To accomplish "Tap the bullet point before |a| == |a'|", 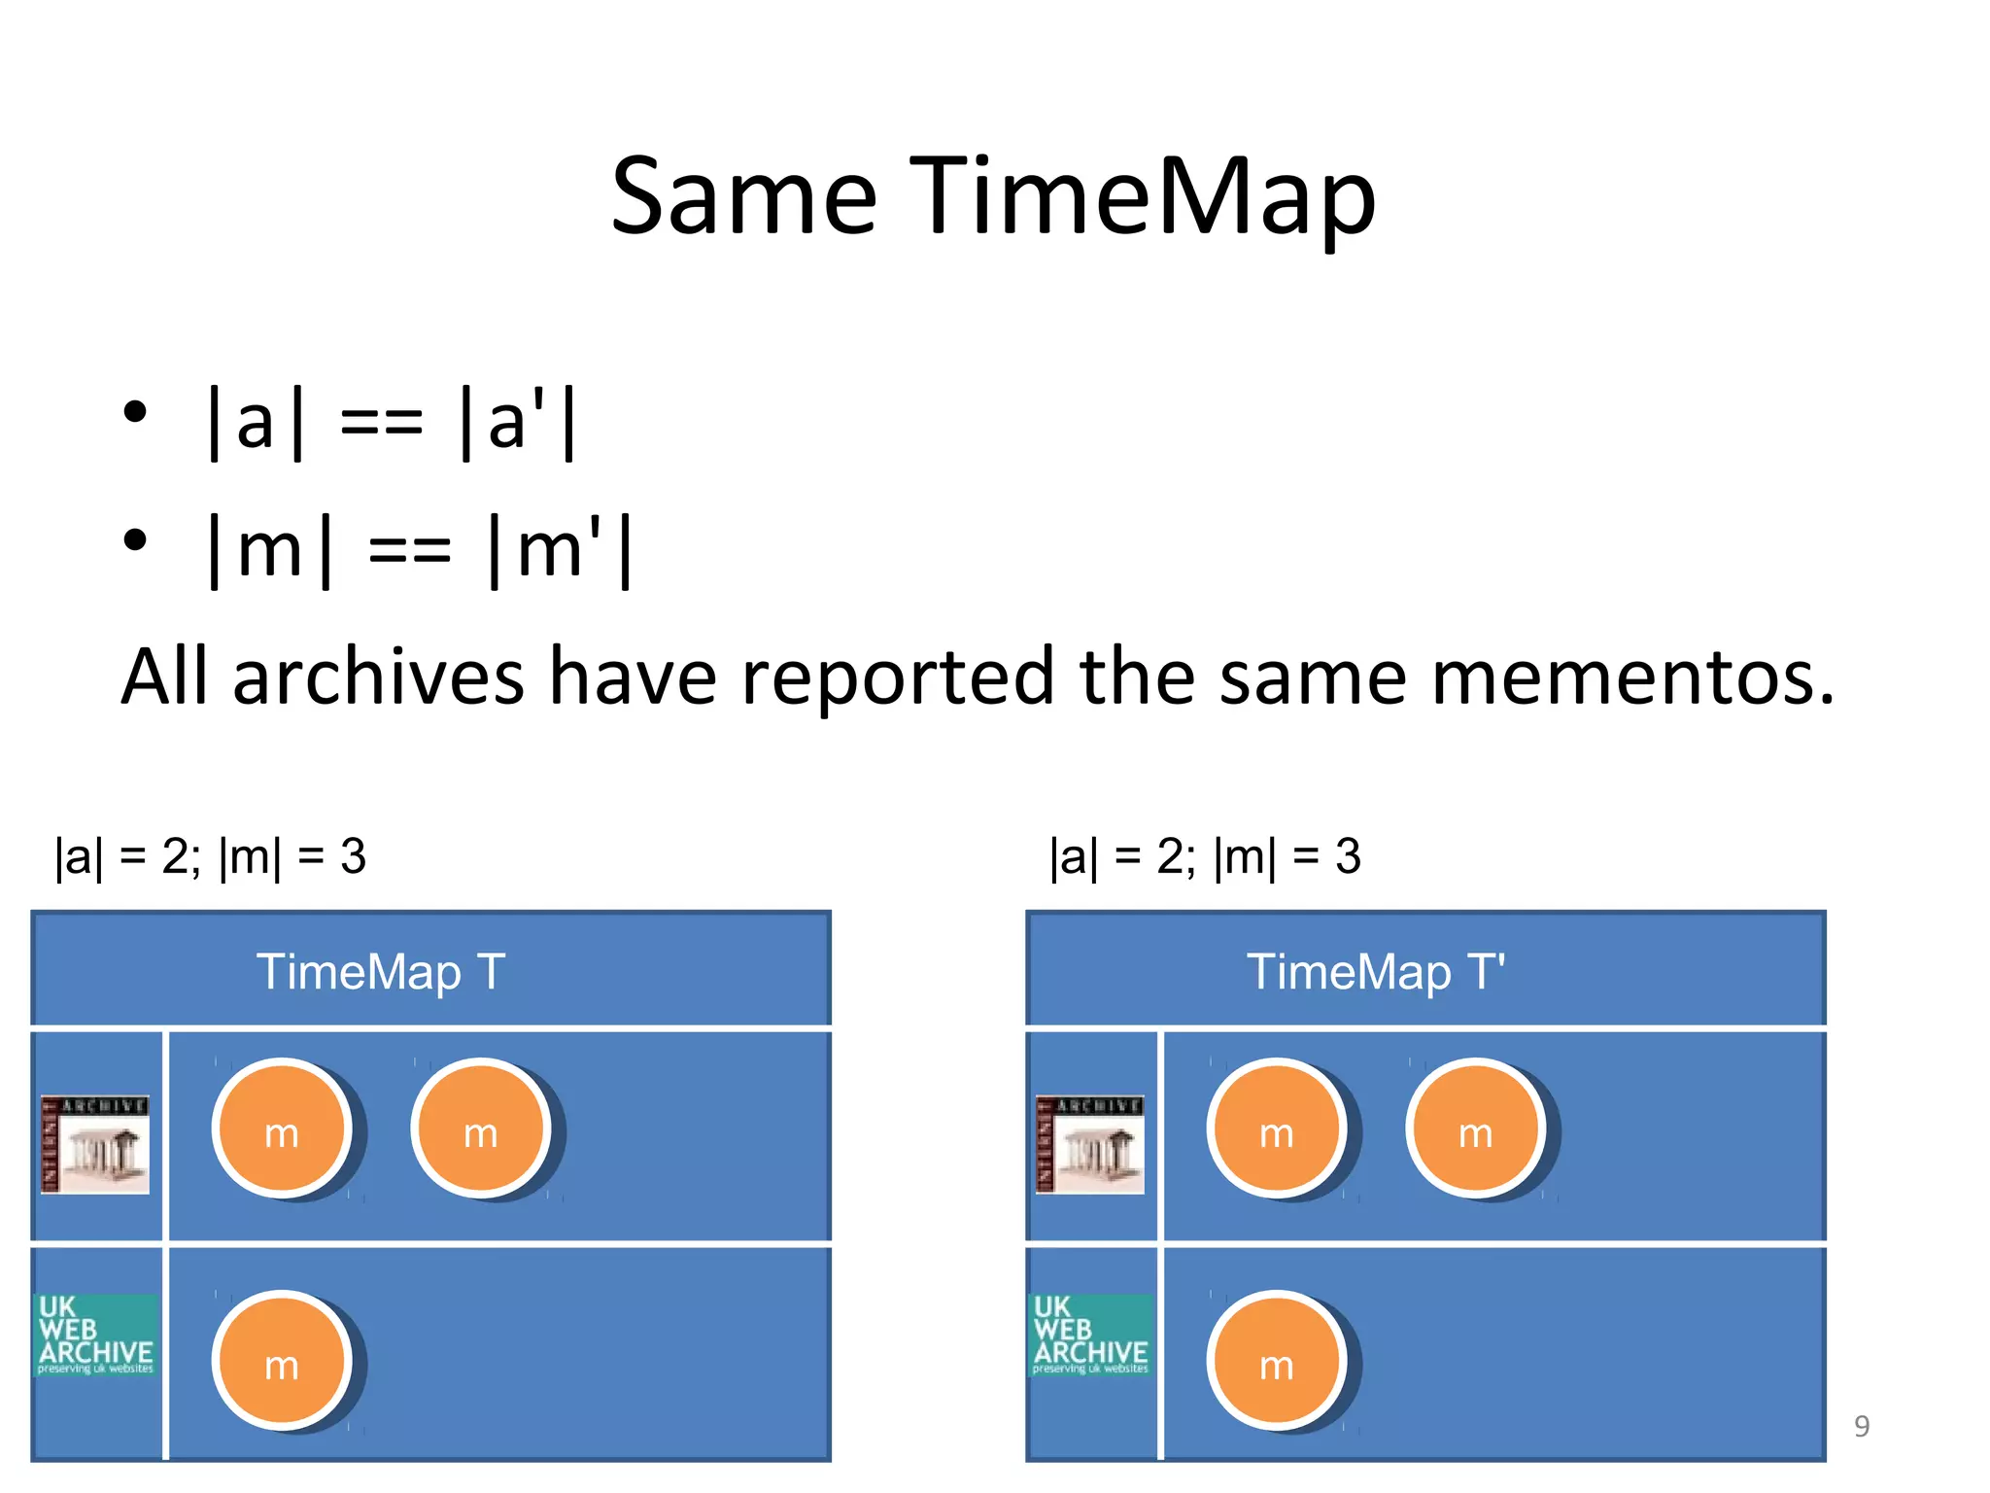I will (135, 411).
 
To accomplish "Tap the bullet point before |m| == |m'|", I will (135, 539).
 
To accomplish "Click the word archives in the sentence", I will (379, 677).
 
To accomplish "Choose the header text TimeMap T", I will (381, 972).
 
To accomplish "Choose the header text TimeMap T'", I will (1376, 972).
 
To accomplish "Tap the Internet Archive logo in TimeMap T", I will (95, 1144).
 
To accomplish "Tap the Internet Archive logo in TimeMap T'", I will (1089, 1144).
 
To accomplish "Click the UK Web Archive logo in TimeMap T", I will (95, 1335).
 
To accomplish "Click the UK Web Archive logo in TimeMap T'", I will (1090, 1335).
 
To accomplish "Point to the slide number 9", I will (1861, 1426).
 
